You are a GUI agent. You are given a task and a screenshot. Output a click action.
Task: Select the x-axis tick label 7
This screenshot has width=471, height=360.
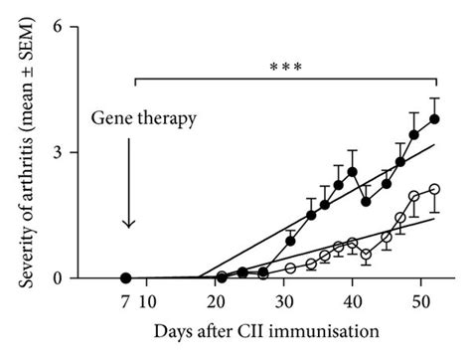pyautogui.click(x=126, y=302)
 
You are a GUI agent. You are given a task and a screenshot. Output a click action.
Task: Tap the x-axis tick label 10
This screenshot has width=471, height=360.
pyautogui.click(x=147, y=302)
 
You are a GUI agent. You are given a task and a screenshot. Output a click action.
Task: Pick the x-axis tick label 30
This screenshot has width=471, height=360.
pyautogui.click(x=285, y=302)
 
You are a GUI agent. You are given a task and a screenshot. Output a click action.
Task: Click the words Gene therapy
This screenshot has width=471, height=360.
pyautogui.click(x=144, y=119)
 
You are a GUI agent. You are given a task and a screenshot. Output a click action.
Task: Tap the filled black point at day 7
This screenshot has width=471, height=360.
pyautogui.click(x=126, y=278)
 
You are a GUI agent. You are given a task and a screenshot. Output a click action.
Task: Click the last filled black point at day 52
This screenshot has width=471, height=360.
pyautogui.click(x=434, y=118)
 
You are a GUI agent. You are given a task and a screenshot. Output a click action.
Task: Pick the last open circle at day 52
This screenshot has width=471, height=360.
pyautogui.click(x=434, y=189)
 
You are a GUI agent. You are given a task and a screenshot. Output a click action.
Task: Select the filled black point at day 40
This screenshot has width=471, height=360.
pyautogui.click(x=352, y=172)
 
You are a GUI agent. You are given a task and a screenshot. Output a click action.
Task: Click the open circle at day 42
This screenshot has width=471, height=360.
pyautogui.click(x=366, y=255)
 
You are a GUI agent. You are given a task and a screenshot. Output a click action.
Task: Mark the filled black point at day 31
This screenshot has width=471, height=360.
pyautogui.click(x=290, y=241)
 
